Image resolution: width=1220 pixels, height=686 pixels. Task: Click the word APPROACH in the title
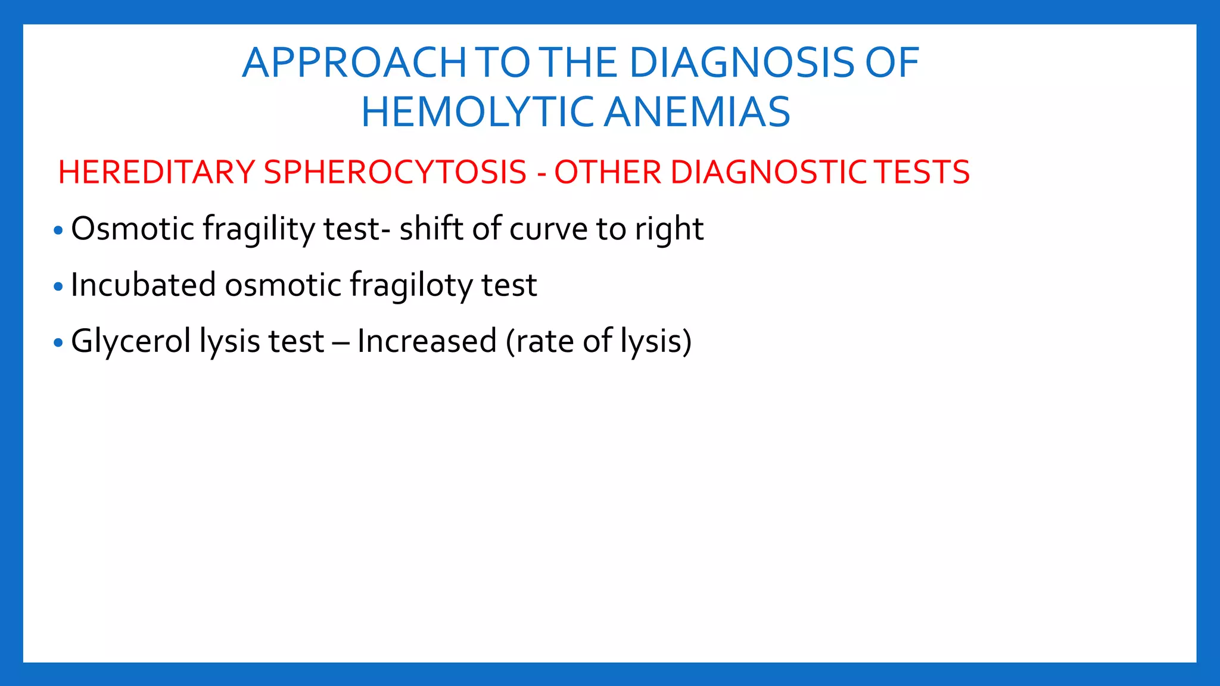pos(354,63)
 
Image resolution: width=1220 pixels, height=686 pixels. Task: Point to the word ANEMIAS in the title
pos(697,113)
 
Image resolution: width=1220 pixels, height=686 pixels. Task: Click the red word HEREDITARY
pos(157,173)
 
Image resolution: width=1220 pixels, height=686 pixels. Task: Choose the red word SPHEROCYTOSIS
pos(395,173)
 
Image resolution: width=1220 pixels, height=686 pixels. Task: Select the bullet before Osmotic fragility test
pos(58,230)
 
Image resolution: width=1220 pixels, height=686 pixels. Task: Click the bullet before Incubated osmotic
pos(58,287)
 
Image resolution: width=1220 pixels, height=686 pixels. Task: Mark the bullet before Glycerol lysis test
pos(58,343)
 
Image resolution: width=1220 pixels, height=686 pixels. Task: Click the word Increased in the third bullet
pos(427,342)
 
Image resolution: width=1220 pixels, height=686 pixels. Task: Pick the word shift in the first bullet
pos(431,229)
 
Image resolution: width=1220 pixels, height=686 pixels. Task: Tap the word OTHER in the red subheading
pos(608,173)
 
